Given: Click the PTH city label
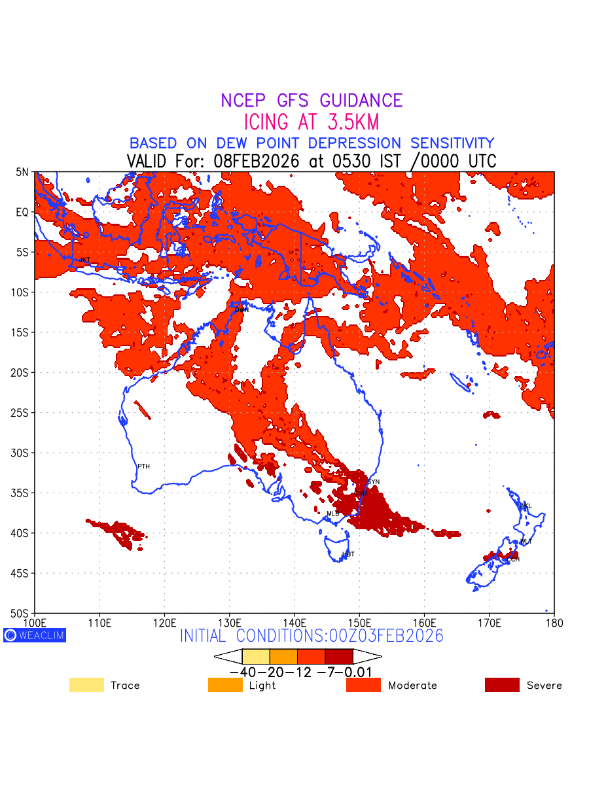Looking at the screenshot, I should coord(143,466).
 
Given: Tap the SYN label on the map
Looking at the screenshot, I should coord(374,482).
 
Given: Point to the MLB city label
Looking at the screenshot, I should coord(333,514).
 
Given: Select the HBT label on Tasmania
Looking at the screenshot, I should coord(348,555).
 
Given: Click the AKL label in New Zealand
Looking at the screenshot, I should coord(526,506).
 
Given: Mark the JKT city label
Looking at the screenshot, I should coord(84,260).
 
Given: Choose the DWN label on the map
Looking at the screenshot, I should coord(241,309).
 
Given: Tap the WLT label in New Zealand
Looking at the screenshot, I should coord(526,542).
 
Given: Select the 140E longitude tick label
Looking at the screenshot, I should coord(294,622).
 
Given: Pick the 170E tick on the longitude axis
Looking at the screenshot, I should coord(490,622).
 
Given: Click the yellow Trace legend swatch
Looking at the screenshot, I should coord(86,685).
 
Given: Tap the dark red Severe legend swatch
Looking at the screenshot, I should coord(502,685).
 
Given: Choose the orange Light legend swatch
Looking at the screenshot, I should coord(225,685).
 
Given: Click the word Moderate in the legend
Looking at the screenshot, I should coord(412,686).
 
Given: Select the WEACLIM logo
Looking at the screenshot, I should coord(35,635).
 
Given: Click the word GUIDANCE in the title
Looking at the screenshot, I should coord(361,101).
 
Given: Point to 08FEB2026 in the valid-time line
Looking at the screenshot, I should coord(256,161).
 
